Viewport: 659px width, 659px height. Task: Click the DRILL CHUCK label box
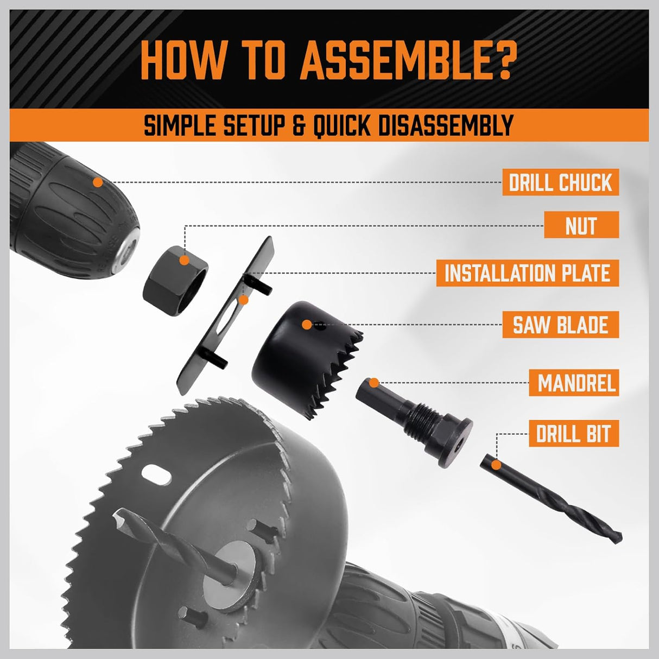point(560,182)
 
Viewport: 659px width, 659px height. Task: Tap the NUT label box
point(581,225)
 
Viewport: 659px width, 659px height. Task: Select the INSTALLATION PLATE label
point(527,273)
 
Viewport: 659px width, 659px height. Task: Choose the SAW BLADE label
point(560,325)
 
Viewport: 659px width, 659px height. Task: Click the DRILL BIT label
point(574,434)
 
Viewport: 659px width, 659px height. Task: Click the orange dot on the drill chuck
point(98,182)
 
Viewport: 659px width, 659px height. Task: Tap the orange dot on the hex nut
point(185,261)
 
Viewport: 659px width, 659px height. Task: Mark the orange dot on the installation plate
point(244,300)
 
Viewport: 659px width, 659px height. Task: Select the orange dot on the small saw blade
point(307,325)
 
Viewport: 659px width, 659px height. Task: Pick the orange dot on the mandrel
point(373,383)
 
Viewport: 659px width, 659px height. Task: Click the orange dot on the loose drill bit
point(496,465)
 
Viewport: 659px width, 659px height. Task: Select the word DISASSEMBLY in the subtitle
point(440,125)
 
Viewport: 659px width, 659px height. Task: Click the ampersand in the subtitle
point(299,125)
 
